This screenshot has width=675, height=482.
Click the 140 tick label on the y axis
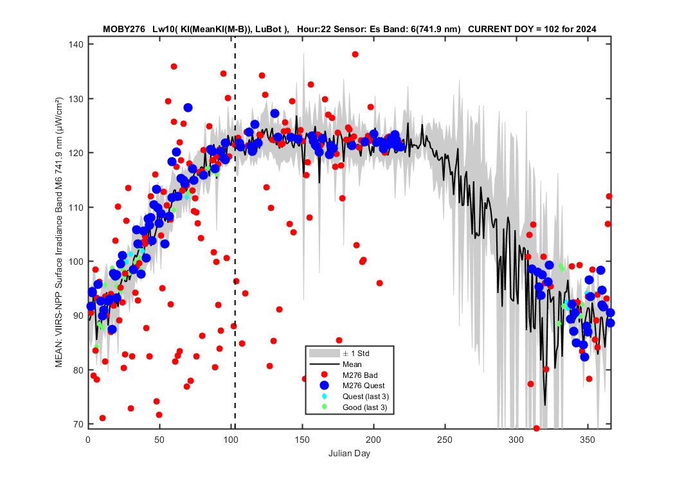[x=76, y=44]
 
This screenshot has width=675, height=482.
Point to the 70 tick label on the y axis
[x=78, y=424]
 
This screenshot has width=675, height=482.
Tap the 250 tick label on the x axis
[x=445, y=440]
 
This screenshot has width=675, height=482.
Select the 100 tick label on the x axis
[x=231, y=440]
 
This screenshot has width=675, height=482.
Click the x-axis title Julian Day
[x=349, y=453]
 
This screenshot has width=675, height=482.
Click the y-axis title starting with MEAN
[x=59, y=233]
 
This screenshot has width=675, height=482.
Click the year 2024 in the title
[x=587, y=30]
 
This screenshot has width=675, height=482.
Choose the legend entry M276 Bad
[x=360, y=375]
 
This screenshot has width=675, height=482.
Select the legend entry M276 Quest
[x=363, y=386]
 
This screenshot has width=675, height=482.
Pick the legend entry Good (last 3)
[x=364, y=407]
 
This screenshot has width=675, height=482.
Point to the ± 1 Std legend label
[x=356, y=353]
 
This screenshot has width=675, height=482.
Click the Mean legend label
[x=352, y=364]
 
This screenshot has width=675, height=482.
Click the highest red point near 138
[x=355, y=55]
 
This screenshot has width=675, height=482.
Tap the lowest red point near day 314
[x=536, y=428]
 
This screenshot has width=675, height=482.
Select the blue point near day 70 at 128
[x=188, y=108]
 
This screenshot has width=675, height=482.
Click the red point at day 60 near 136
[x=174, y=67]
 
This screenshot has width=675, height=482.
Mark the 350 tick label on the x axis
[x=587, y=440]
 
